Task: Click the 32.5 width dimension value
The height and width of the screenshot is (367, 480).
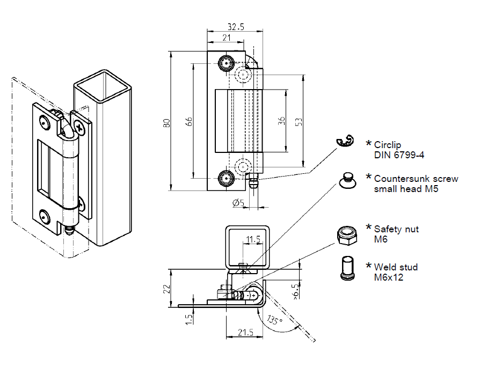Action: [235, 26]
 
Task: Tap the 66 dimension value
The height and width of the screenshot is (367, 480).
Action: [188, 122]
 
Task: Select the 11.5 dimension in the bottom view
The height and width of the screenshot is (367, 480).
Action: [253, 239]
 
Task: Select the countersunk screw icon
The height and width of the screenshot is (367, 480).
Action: [347, 180]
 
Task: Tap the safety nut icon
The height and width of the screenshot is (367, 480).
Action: [346, 235]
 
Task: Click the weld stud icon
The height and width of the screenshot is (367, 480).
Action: [347, 268]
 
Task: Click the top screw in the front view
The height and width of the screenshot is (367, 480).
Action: [225, 63]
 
